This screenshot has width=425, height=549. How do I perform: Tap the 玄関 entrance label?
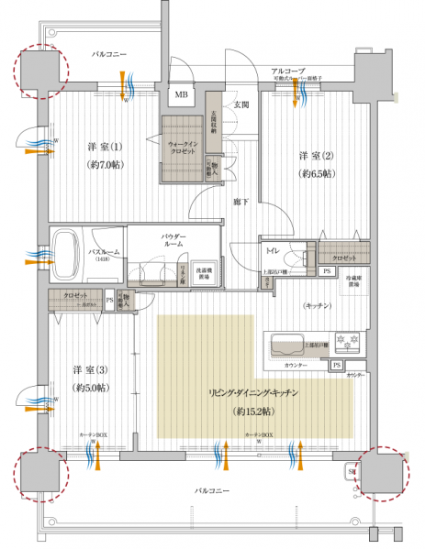click(x=240, y=104)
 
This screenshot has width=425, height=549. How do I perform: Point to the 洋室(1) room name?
click(x=104, y=148)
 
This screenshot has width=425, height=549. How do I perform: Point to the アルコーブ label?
click(x=287, y=71)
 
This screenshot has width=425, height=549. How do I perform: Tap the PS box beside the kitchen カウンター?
click(x=338, y=366)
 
